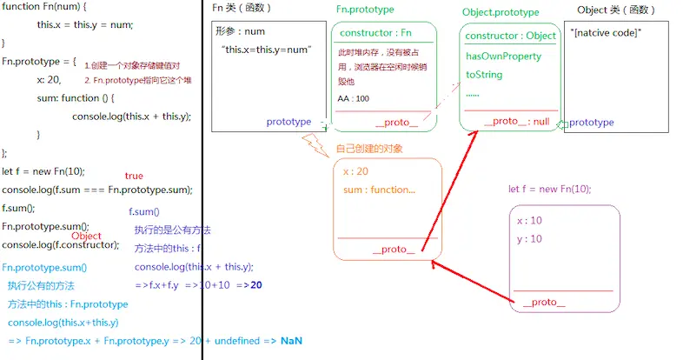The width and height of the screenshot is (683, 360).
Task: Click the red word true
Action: point(134,177)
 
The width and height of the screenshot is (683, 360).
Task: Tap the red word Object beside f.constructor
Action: point(86,236)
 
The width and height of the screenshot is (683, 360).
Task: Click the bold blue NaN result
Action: point(291,341)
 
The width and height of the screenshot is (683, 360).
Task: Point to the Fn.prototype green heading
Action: point(365,9)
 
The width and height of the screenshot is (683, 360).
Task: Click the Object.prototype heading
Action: point(501,12)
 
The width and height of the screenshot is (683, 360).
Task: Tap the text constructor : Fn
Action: point(375,34)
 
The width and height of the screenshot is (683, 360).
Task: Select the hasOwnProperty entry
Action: point(503,57)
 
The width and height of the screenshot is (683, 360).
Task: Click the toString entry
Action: point(484,75)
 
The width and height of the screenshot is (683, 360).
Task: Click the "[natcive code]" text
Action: point(607,33)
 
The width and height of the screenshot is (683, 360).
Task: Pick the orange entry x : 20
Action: point(355,171)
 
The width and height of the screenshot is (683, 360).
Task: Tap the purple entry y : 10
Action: point(529,239)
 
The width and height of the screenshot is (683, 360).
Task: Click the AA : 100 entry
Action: point(354,98)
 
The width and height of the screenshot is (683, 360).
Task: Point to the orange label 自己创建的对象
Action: point(368,149)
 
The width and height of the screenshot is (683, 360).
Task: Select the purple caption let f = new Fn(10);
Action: point(549,190)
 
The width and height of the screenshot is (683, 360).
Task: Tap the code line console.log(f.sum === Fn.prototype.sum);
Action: point(97,190)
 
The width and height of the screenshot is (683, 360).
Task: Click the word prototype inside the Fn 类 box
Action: point(288,122)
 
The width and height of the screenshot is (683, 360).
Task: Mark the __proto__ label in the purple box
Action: point(543,303)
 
